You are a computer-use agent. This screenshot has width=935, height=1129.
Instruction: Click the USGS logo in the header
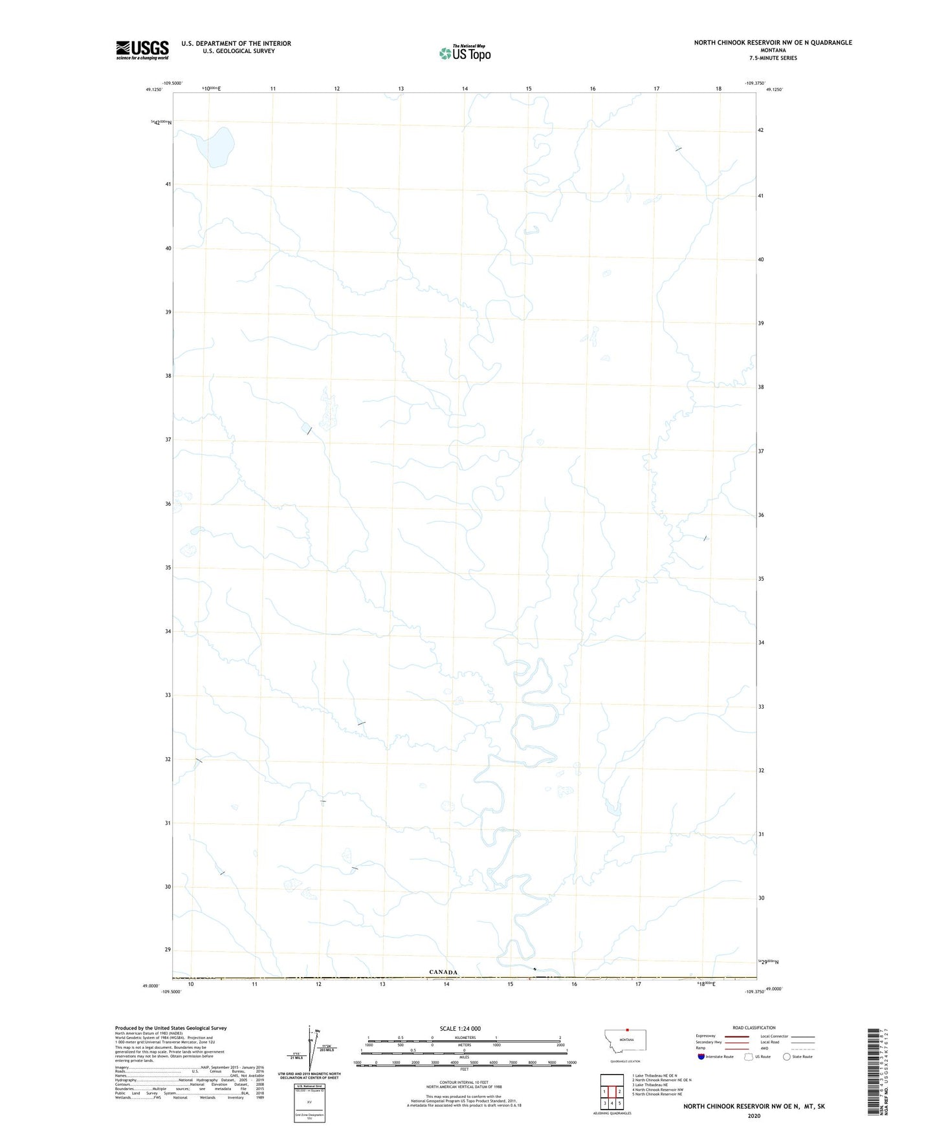(x=142, y=50)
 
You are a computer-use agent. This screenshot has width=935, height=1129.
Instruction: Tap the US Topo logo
(x=465, y=53)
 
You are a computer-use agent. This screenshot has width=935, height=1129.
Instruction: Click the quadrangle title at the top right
(x=773, y=43)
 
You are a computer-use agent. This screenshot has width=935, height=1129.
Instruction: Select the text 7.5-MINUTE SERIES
(x=773, y=58)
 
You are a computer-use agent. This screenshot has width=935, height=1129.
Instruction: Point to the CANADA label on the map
(x=443, y=972)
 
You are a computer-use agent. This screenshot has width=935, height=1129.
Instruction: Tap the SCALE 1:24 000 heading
(x=460, y=1029)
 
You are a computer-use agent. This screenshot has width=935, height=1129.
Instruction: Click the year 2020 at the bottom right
(x=754, y=1115)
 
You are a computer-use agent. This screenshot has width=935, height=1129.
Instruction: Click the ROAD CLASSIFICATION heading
(x=754, y=1027)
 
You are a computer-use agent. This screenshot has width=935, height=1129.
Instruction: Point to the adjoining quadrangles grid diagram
(x=611, y=1091)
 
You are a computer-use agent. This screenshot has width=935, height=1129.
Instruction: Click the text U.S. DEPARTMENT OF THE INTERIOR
(x=236, y=43)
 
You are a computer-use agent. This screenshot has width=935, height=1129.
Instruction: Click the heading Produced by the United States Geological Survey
(x=171, y=1028)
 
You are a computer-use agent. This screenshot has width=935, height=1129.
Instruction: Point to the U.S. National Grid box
(x=309, y=1103)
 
